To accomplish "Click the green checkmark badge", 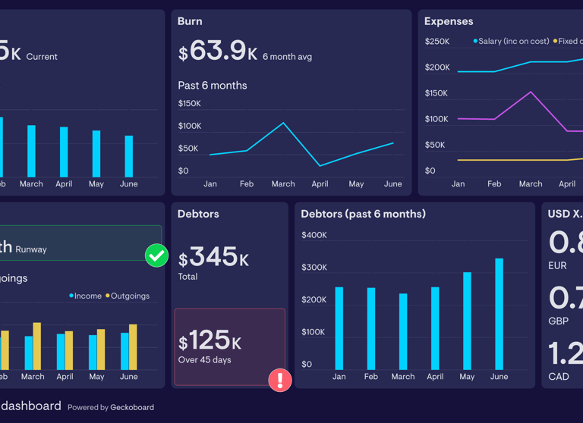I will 156,255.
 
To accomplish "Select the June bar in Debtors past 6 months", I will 499,314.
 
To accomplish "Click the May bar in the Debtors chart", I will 467,321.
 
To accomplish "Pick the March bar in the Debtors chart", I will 403,331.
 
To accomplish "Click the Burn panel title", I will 190,21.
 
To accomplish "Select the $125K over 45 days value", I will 210,340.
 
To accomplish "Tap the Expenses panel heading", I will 449,21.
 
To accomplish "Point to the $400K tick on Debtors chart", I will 314,235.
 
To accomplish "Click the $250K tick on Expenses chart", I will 436,41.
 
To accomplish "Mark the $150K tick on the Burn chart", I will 189,103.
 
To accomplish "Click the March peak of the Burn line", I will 283,123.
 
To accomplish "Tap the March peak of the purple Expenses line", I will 531,92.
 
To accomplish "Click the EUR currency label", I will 557,266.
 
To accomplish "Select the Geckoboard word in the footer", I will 132,407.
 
